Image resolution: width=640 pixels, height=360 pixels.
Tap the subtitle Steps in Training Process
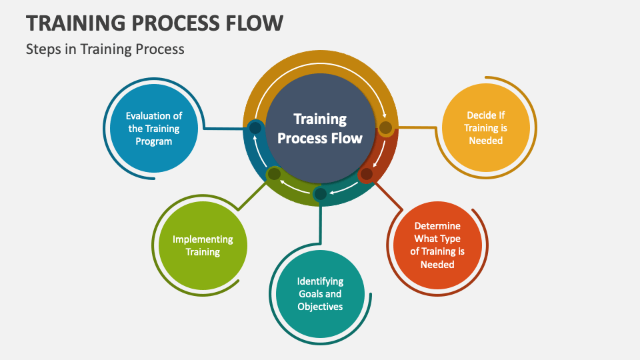point(105,49)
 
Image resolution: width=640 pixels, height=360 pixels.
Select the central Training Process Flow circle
point(320,128)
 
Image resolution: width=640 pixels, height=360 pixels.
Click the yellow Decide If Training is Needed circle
point(486,128)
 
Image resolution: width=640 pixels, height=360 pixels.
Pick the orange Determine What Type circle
point(437,245)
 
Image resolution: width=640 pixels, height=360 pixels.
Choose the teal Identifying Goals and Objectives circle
point(320,294)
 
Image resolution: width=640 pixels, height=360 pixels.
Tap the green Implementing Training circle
point(203,245)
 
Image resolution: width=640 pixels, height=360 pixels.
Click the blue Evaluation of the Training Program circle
point(154,128)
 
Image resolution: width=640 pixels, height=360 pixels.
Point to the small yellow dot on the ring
point(385,128)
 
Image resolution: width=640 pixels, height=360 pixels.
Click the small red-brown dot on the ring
point(367,174)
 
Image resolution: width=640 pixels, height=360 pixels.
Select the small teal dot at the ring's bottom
point(321,194)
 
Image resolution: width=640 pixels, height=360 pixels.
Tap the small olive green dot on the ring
point(274,174)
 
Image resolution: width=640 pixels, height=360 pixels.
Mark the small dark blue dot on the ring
point(255,128)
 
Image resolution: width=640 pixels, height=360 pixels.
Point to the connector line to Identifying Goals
point(320,224)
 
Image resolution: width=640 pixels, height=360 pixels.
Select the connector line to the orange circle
point(389,195)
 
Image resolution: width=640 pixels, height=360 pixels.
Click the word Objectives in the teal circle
point(320,307)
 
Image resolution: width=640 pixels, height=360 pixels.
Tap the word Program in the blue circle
point(154,141)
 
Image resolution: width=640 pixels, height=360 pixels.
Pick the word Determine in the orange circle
point(437,226)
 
